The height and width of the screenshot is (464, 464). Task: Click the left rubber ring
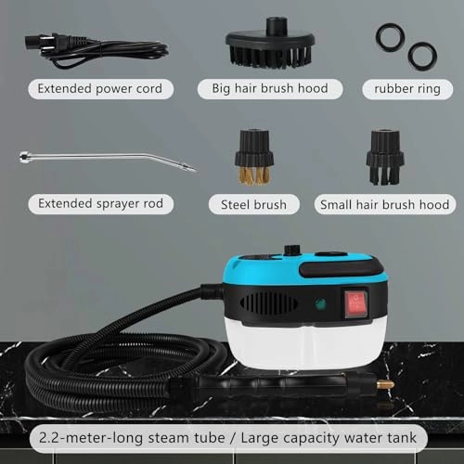tap(388, 38)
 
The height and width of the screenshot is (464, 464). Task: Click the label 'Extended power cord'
tap(100, 89)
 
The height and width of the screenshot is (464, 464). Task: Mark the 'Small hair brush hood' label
tap(383, 203)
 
